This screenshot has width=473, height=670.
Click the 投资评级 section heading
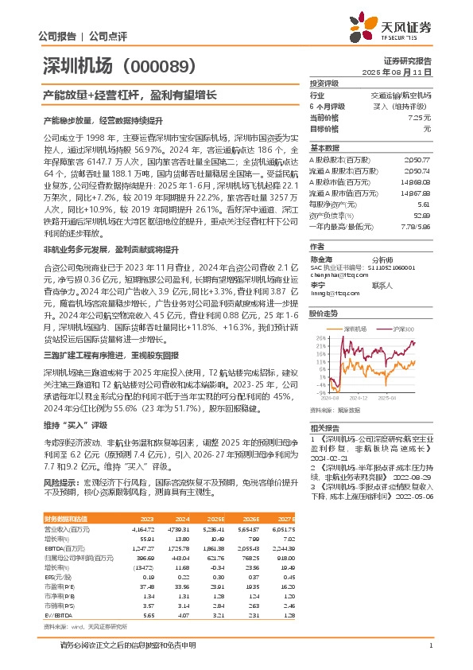pyautogui.click(x=324, y=83)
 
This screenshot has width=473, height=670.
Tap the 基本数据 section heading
pyautogui.click(x=324, y=148)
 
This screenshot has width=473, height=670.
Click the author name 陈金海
pyautogui.click(x=322, y=259)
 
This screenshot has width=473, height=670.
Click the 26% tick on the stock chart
pyautogui.click(x=316, y=337)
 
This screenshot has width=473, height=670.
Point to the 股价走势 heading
pyautogui.click(x=324, y=314)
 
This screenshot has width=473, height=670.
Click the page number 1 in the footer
pyautogui.click(x=429, y=645)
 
